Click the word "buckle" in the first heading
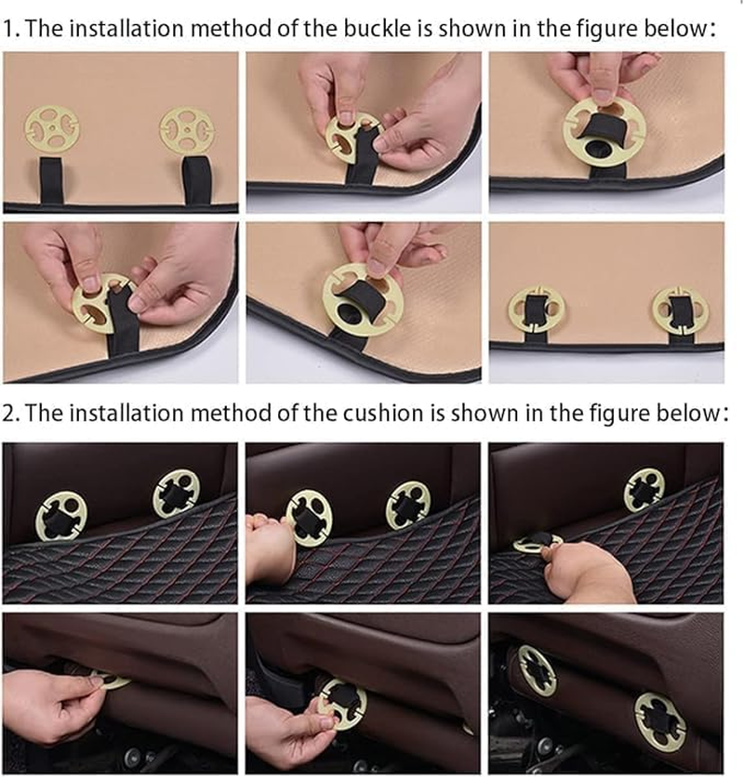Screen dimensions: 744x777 [377, 28]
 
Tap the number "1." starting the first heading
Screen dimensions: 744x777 [12, 29]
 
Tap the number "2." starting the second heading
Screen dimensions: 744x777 [12, 414]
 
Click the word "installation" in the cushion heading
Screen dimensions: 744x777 [126, 413]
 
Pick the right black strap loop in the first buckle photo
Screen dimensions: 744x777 [197, 180]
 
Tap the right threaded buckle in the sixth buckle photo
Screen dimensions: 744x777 [680, 310]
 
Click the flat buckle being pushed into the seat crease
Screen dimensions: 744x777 [538, 544]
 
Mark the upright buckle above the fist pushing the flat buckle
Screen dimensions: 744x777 [644, 490]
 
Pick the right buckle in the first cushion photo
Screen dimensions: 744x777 [176, 494]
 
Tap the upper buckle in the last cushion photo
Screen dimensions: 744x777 [538, 670]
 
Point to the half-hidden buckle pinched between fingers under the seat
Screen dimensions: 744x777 [112, 678]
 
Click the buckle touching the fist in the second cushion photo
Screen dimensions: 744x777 [309, 518]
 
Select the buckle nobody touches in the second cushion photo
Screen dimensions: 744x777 [408, 506]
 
